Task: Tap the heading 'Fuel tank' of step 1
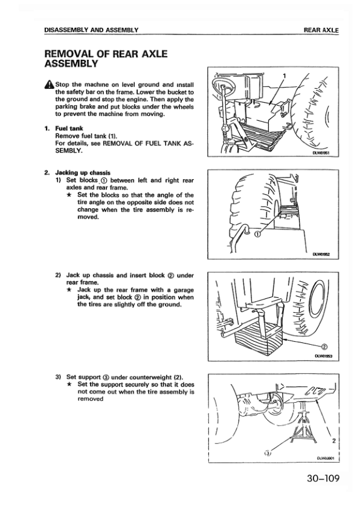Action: (x=69, y=129)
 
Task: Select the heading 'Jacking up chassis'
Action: (x=83, y=173)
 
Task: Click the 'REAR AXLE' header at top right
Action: (x=321, y=30)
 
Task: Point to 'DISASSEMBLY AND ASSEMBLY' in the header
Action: (x=91, y=30)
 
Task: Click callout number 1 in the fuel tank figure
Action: (x=284, y=76)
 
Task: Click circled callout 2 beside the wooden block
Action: (x=325, y=347)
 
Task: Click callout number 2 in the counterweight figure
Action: (x=333, y=441)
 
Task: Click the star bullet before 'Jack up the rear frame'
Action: (x=69, y=290)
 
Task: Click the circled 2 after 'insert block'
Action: (x=171, y=275)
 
